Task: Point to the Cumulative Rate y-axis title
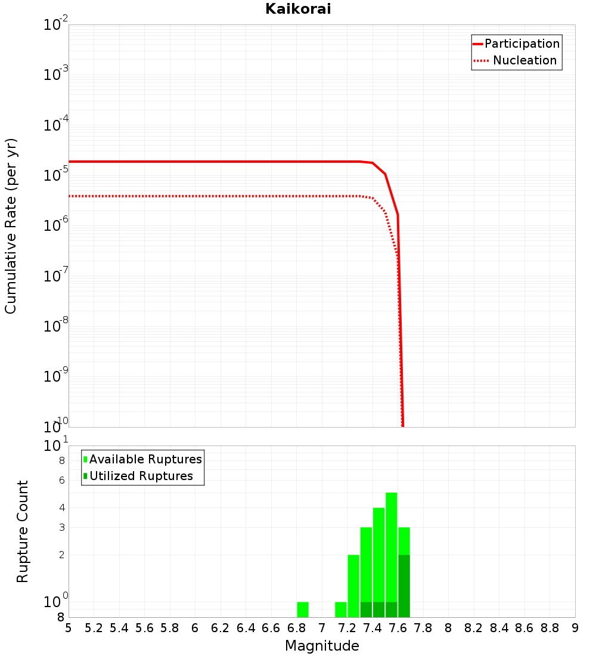(11, 226)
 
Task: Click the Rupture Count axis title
(23, 531)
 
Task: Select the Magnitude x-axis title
(322, 646)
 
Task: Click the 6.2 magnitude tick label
(221, 628)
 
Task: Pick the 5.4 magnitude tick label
(119, 628)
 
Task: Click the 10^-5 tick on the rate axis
(56, 175)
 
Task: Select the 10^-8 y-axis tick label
(56, 326)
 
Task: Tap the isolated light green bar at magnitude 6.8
(303, 609)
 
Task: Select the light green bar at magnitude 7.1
(341, 609)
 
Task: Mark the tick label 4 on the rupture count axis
(61, 508)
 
